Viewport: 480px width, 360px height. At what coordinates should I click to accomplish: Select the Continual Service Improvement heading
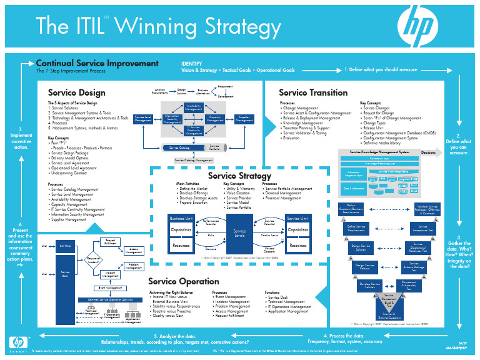coord(97,64)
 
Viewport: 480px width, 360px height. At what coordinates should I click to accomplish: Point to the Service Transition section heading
coord(313,92)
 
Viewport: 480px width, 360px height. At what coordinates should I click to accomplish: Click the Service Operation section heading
coord(184,282)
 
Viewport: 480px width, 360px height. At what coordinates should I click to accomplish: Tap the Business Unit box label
coord(181,218)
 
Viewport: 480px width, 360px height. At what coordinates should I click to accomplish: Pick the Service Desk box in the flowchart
coord(65,275)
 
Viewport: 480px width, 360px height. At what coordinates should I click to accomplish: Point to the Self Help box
coord(65,246)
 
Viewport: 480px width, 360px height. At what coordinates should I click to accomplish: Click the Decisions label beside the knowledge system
coord(428,152)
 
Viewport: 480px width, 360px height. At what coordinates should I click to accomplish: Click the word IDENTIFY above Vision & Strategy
coord(191,64)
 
